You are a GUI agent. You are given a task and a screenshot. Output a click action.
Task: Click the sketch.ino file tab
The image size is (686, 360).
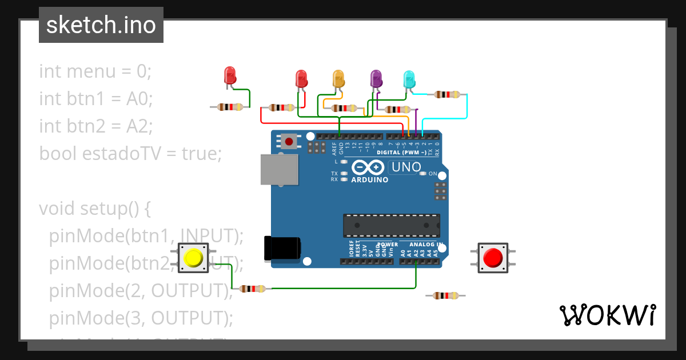(101, 25)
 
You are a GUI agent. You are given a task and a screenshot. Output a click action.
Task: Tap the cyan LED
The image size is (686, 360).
(409, 79)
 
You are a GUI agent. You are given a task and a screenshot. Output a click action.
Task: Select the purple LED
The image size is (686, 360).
(376, 78)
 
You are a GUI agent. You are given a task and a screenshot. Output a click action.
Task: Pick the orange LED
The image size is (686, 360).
(338, 78)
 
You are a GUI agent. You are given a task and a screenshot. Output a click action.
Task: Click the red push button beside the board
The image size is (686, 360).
(492, 258)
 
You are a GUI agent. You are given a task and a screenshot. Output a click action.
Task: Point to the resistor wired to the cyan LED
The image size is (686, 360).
(446, 94)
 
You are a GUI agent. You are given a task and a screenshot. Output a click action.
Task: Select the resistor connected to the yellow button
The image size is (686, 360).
(252, 289)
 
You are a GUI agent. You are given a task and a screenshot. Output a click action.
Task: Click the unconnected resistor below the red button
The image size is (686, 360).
(445, 295)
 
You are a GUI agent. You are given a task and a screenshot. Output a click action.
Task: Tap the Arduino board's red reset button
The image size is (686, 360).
(289, 141)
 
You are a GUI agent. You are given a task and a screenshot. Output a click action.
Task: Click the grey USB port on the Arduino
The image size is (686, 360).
(279, 170)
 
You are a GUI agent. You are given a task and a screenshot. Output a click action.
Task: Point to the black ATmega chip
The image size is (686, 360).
(391, 226)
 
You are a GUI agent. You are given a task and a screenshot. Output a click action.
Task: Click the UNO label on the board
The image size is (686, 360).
(406, 167)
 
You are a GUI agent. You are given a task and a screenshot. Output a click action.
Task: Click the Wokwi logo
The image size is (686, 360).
(607, 315)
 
